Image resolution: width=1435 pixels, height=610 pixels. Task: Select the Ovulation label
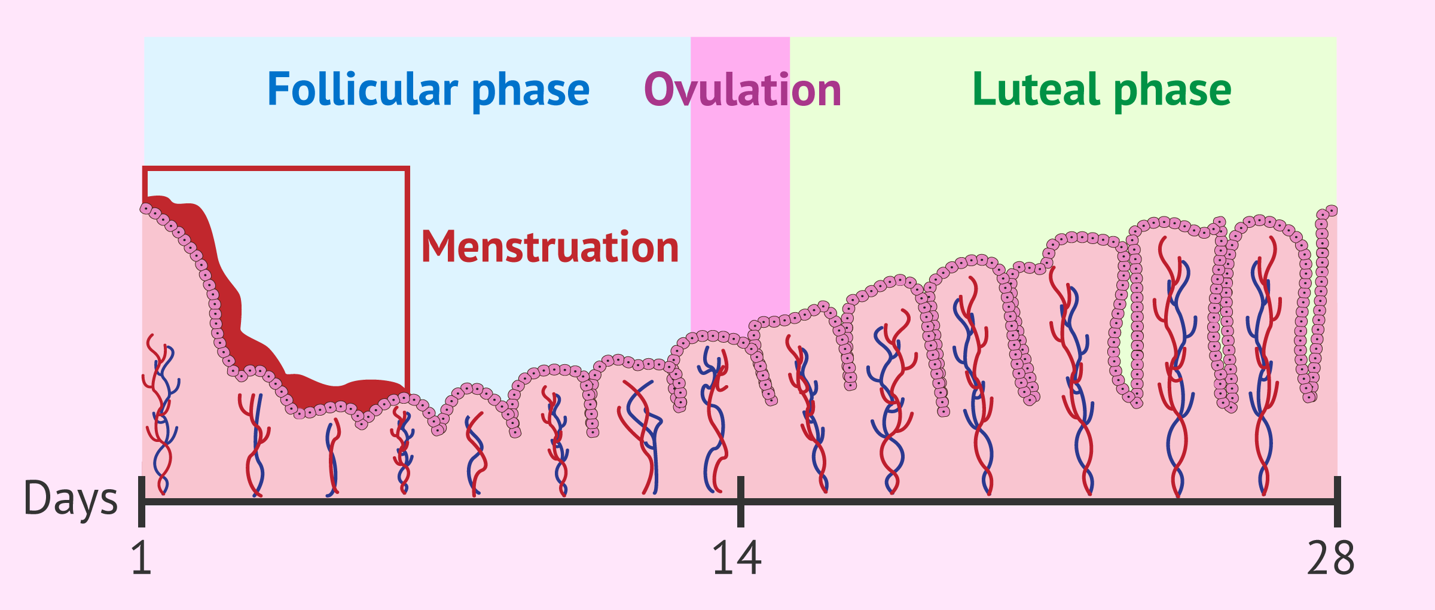point(743,90)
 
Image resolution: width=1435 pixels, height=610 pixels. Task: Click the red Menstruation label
point(550,246)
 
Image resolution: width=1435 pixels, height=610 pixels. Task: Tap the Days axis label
point(71,499)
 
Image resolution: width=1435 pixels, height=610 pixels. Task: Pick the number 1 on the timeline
point(141,559)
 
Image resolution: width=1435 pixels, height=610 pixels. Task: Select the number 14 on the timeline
point(737,559)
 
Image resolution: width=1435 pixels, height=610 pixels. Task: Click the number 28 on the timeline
point(1331,559)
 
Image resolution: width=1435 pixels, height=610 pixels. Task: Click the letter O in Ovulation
point(660,90)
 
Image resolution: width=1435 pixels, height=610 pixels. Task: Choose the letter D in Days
point(37,498)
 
